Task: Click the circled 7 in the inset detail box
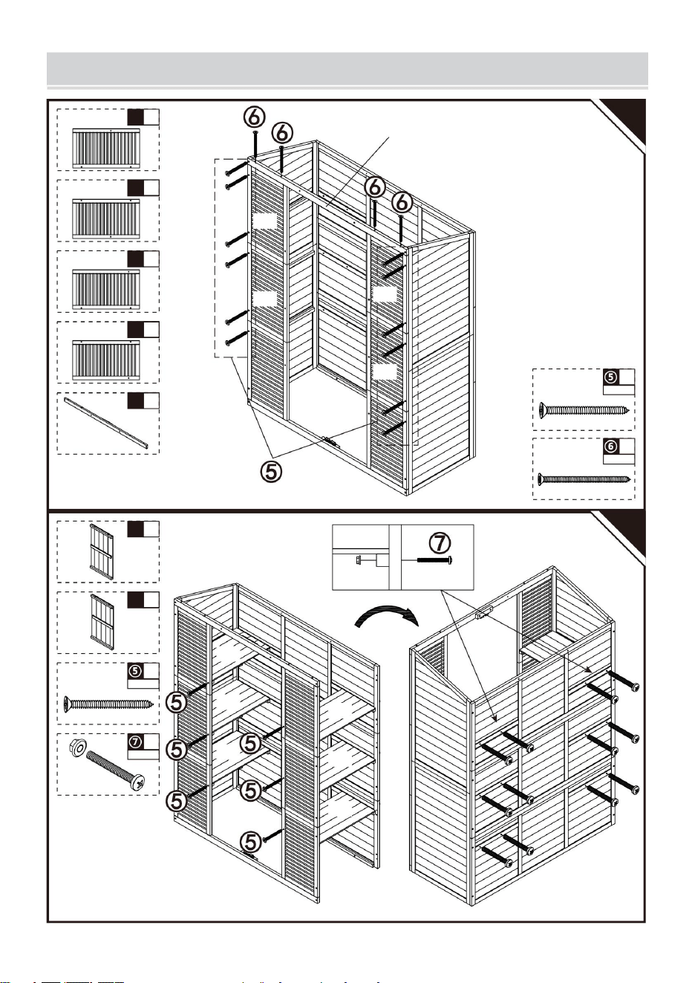(x=440, y=543)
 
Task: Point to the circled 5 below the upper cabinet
(x=272, y=472)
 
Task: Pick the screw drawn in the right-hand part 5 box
(x=584, y=410)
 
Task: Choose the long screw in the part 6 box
(x=584, y=479)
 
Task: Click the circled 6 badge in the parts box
(x=611, y=447)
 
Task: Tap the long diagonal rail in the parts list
(x=106, y=423)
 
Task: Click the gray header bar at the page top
(x=347, y=68)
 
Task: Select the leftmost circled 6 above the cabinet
(x=255, y=117)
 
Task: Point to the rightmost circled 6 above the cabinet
(x=402, y=203)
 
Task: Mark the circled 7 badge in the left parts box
(x=135, y=742)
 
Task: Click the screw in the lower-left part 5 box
(x=108, y=704)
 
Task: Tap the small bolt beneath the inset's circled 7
(x=434, y=560)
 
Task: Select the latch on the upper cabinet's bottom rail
(x=330, y=441)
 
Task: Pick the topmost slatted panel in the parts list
(x=106, y=149)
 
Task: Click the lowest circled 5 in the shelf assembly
(x=251, y=842)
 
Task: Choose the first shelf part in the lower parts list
(x=101, y=552)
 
